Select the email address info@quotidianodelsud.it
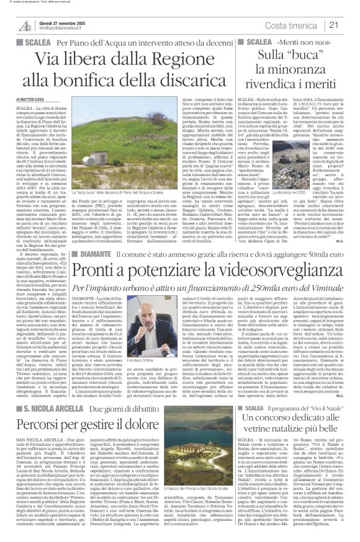pos(66,28)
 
